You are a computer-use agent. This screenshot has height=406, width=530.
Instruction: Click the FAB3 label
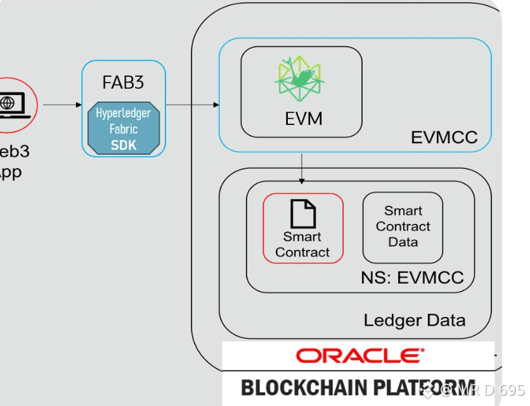point(123,82)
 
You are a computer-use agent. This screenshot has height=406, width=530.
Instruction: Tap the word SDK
point(124,145)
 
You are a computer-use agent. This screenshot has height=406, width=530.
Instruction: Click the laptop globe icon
point(8,103)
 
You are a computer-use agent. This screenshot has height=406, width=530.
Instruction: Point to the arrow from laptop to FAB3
point(62,105)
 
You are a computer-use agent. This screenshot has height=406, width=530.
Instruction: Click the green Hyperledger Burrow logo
point(299,79)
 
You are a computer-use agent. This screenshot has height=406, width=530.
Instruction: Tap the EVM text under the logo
point(303,119)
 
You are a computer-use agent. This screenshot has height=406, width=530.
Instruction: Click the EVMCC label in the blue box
point(444,137)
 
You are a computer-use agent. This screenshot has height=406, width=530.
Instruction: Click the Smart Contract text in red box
point(302,244)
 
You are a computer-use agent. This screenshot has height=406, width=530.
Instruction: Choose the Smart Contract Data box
point(403,227)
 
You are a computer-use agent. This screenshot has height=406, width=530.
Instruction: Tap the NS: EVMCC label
point(412,277)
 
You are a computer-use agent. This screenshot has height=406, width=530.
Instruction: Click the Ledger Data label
point(414,320)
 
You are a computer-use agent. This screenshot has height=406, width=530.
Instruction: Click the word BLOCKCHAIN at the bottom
point(298,387)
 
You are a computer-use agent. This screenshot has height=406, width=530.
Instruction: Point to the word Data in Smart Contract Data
point(403,242)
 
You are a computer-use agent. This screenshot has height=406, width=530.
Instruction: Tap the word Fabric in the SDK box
point(124,129)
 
